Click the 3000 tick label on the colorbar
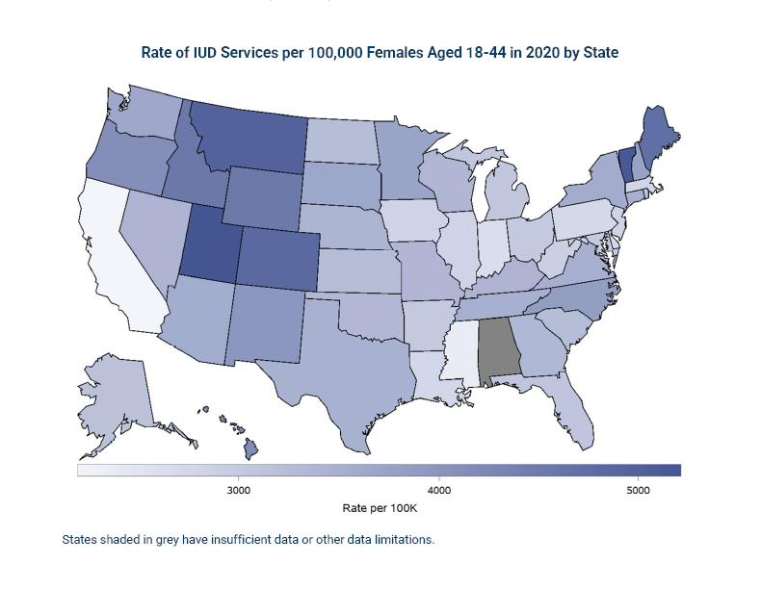239,488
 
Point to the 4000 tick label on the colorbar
438,488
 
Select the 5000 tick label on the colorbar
637,488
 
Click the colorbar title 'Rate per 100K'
379,506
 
